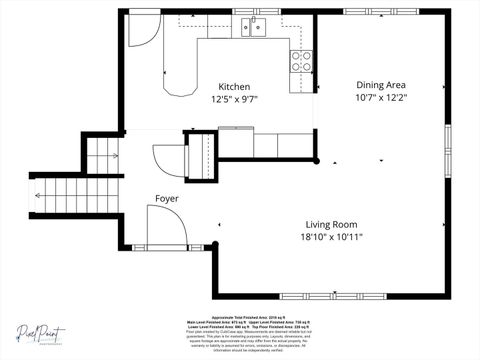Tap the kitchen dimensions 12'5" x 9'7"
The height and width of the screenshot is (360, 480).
(235, 99)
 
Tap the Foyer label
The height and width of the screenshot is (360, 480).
(167, 199)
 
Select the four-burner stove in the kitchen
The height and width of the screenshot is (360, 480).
(301, 60)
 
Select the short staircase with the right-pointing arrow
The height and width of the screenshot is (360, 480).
(101, 154)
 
